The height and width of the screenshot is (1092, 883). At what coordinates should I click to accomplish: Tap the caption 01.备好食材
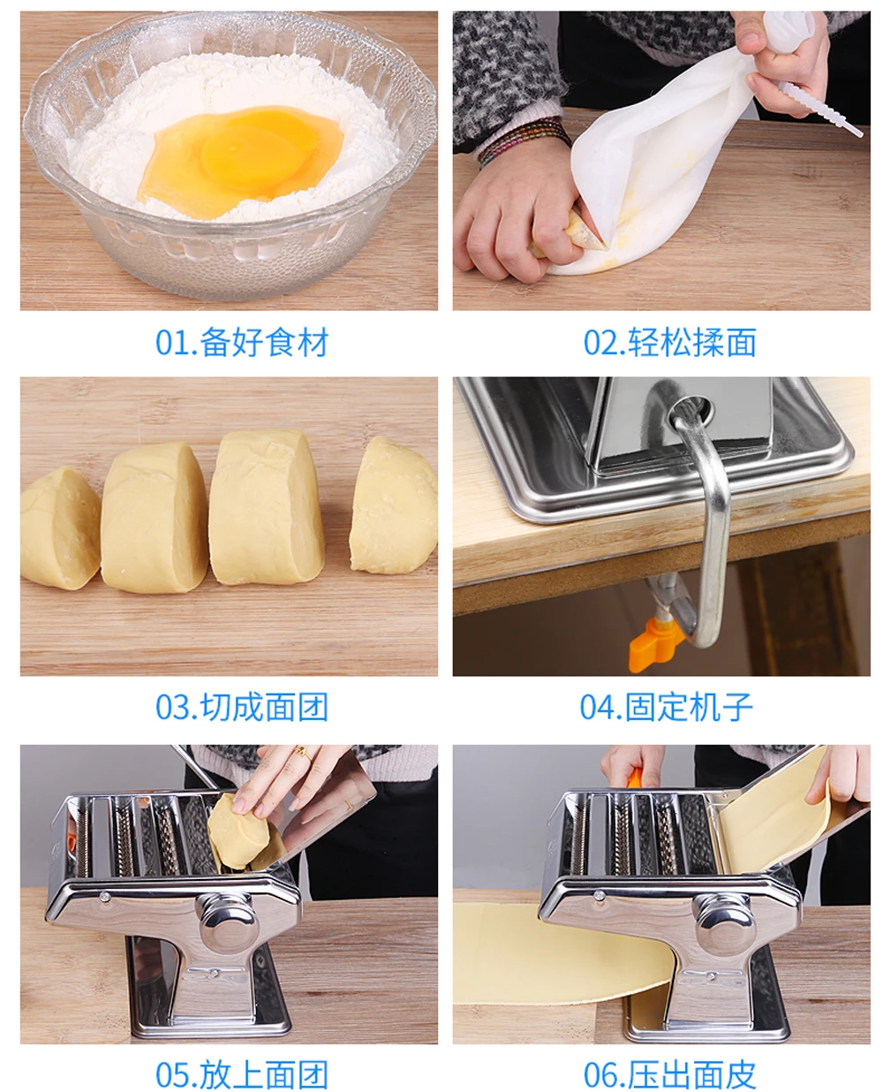click(x=241, y=342)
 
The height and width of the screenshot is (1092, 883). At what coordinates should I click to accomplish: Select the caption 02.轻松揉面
click(x=670, y=342)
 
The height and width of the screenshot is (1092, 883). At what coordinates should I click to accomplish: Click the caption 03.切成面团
click(x=241, y=708)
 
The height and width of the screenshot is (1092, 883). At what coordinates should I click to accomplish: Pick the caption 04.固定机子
click(x=666, y=708)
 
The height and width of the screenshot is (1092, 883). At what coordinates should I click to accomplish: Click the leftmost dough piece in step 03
click(x=59, y=528)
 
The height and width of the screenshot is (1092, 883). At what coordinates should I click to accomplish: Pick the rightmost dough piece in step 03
click(x=394, y=505)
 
